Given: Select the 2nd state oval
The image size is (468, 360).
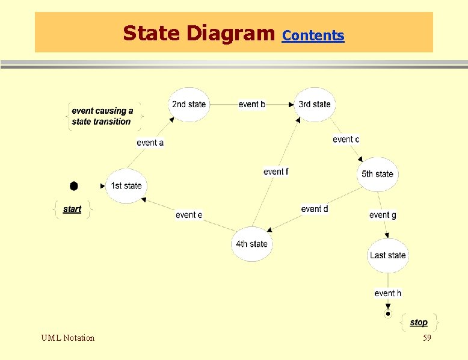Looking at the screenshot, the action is [189, 105].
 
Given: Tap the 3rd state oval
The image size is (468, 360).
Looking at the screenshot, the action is [315, 105].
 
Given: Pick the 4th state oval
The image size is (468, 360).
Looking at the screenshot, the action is [251, 244].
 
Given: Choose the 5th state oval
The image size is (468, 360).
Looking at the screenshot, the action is [377, 174].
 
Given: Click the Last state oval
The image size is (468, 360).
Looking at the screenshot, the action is [387, 255].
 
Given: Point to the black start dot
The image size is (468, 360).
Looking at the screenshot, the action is [74, 185].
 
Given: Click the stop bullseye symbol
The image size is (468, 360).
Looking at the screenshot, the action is [388, 314].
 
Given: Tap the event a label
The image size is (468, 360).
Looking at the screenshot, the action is [150, 143].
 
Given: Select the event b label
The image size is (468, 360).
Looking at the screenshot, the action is [252, 104].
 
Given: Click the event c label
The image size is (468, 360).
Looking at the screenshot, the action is [346, 139].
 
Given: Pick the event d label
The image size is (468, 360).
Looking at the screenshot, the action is [315, 209].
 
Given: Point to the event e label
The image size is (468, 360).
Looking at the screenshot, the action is [189, 215].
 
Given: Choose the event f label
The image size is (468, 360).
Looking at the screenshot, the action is [276, 172].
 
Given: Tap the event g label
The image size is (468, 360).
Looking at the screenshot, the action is [383, 215].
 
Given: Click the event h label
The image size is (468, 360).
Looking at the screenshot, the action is [387, 293].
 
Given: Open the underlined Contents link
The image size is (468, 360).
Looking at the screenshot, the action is [313, 36].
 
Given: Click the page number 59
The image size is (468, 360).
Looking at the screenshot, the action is [427, 338].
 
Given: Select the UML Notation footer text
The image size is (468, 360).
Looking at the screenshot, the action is [67, 338].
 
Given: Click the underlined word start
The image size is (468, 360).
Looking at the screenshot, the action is [72, 209].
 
